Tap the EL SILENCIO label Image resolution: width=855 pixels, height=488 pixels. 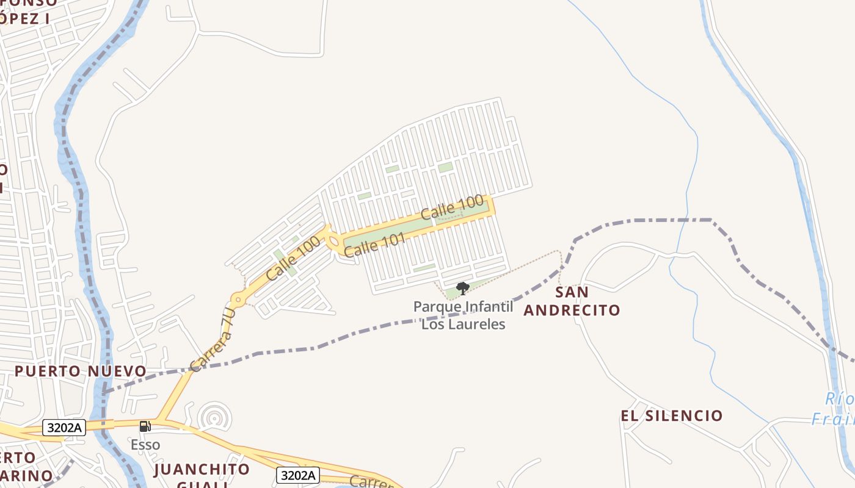pyautogui.click(x=672, y=416)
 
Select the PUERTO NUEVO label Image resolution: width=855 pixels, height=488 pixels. pyautogui.click(x=80, y=371)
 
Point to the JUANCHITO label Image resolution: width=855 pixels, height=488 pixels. pyautogui.click(x=202, y=469)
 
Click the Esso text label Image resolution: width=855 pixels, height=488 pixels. pyautogui.click(x=145, y=444)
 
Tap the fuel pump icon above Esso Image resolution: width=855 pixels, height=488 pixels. pyautogui.click(x=145, y=426)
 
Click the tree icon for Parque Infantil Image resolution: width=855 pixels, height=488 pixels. pyautogui.click(x=463, y=288)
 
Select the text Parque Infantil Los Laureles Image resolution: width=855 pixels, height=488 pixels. pyautogui.click(x=464, y=315)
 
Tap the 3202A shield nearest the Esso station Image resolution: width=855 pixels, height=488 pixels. pyautogui.click(x=64, y=428)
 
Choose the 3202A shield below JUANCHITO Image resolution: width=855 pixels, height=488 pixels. pyautogui.click(x=298, y=475)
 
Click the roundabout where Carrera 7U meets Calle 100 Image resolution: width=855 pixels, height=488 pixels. pyautogui.click(x=238, y=300)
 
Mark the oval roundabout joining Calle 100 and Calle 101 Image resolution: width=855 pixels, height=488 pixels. pyautogui.click(x=334, y=243)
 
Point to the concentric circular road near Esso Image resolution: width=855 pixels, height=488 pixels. pyautogui.click(x=214, y=418)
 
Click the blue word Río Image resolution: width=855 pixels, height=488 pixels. pyautogui.click(x=840, y=399)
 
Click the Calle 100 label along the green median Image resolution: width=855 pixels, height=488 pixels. pyautogui.click(x=453, y=207)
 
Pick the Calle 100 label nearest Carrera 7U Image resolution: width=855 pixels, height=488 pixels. pyautogui.click(x=293, y=259)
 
